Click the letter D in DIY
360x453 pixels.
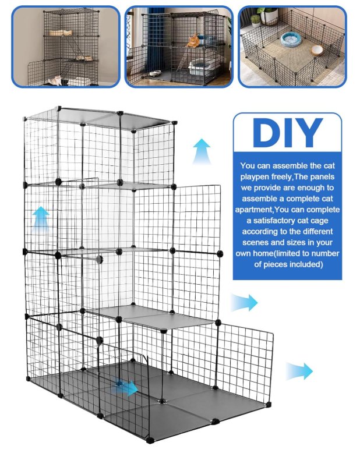click(267, 133)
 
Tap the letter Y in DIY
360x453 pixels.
click(308, 133)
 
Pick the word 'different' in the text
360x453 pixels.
click(316, 231)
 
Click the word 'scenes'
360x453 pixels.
click(255, 242)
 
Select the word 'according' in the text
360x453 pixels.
click(259, 232)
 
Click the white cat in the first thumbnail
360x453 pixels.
click(55, 80)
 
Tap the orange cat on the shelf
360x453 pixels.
click(192, 40)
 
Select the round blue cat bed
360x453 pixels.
click(290, 38)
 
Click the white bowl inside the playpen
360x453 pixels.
click(320, 50)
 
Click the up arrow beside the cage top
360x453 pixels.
click(202, 151)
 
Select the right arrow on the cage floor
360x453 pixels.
click(126, 387)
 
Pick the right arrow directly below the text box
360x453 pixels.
click(244, 303)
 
